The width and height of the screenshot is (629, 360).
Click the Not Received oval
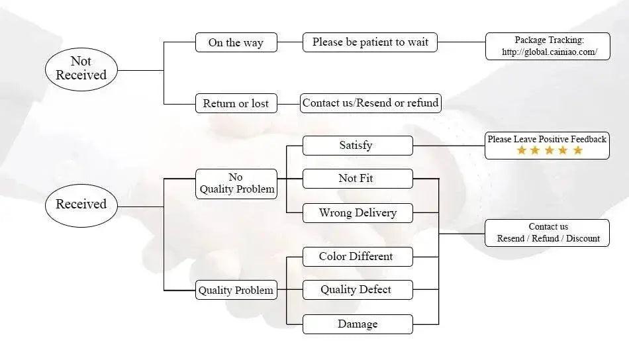click(x=81, y=69)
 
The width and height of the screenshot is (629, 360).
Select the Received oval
click(x=81, y=206)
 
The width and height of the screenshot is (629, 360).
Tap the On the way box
click(x=236, y=42)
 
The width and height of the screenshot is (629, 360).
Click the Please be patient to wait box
click(x=370, y=42)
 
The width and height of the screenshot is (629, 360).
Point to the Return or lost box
click(x=236, y=103)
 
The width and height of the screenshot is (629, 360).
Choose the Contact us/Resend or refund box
click(x=371, y=103)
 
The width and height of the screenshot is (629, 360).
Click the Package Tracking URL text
click(x=549, y=52)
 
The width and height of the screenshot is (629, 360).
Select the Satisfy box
click(x=358, y=146)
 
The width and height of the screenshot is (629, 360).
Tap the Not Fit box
click(x=358, y=179)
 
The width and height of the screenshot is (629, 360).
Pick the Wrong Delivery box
click(x=358, y=213)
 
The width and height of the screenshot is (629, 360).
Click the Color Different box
click(x=358, y=257)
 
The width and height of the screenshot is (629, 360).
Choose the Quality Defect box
click(x=358, y=290)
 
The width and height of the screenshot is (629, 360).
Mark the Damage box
click(x=358, y=324)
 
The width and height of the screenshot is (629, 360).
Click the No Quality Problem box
click(x=236, y=184)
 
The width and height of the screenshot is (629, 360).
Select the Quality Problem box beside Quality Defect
click(x=236, y=290)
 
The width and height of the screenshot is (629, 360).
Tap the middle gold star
click(x=549, y=150)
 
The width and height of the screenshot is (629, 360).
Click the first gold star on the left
click(x=522, y=150)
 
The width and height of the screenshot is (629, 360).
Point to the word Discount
click(x=583, y=238)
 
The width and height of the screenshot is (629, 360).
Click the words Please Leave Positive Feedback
click(x=547, y=139)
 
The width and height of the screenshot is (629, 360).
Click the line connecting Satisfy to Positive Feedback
click(x=449, y=146)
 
